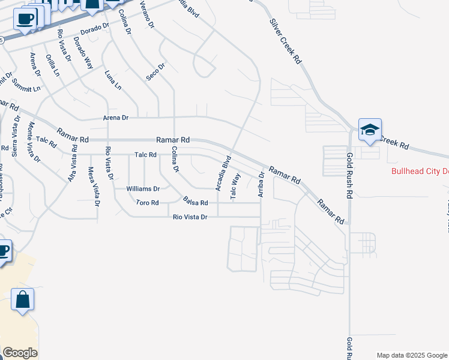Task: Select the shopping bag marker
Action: [x=22, y=300]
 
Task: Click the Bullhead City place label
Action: [x=420, y=170]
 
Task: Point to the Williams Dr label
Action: [x=143, y=188]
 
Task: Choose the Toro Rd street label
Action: [x=147, y=203]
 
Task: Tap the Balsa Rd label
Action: [x=196, y=203]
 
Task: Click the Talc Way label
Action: [x=236, y=185]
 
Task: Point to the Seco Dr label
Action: [x=155, y=72]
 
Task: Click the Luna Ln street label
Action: [x=112, y=80]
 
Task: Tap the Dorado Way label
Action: [x=83, y=53]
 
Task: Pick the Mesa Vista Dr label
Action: [x=93, y=187]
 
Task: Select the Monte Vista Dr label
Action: [x=32, y=142]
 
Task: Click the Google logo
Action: [x=20, y=353]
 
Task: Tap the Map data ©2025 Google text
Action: [x=411, y=355]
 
